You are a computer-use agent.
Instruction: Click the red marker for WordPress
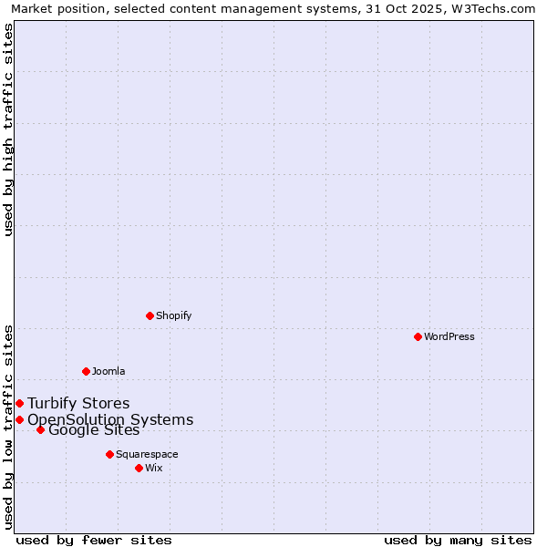418,336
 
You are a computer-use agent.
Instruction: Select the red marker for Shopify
150,315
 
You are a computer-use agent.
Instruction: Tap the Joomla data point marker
86,371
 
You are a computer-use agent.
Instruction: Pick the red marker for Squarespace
109,454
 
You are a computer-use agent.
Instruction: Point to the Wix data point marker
139,468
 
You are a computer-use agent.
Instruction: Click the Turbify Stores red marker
19,403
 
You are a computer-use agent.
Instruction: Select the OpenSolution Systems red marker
19,419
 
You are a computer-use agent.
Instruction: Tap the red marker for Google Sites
40,429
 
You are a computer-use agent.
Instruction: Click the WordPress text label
449,336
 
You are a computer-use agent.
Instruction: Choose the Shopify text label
173,315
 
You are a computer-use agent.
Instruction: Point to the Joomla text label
108,371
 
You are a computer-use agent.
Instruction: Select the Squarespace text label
147,454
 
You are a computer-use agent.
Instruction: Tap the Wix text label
154,468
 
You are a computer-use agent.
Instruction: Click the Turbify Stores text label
78,403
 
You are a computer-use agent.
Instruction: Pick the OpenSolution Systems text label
110,419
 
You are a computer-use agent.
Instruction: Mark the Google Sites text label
94,430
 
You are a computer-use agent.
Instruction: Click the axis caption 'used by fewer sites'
94,540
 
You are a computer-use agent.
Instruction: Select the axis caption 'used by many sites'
458,540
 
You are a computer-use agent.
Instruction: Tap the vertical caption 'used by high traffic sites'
8,129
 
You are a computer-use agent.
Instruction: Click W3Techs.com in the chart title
490,8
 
